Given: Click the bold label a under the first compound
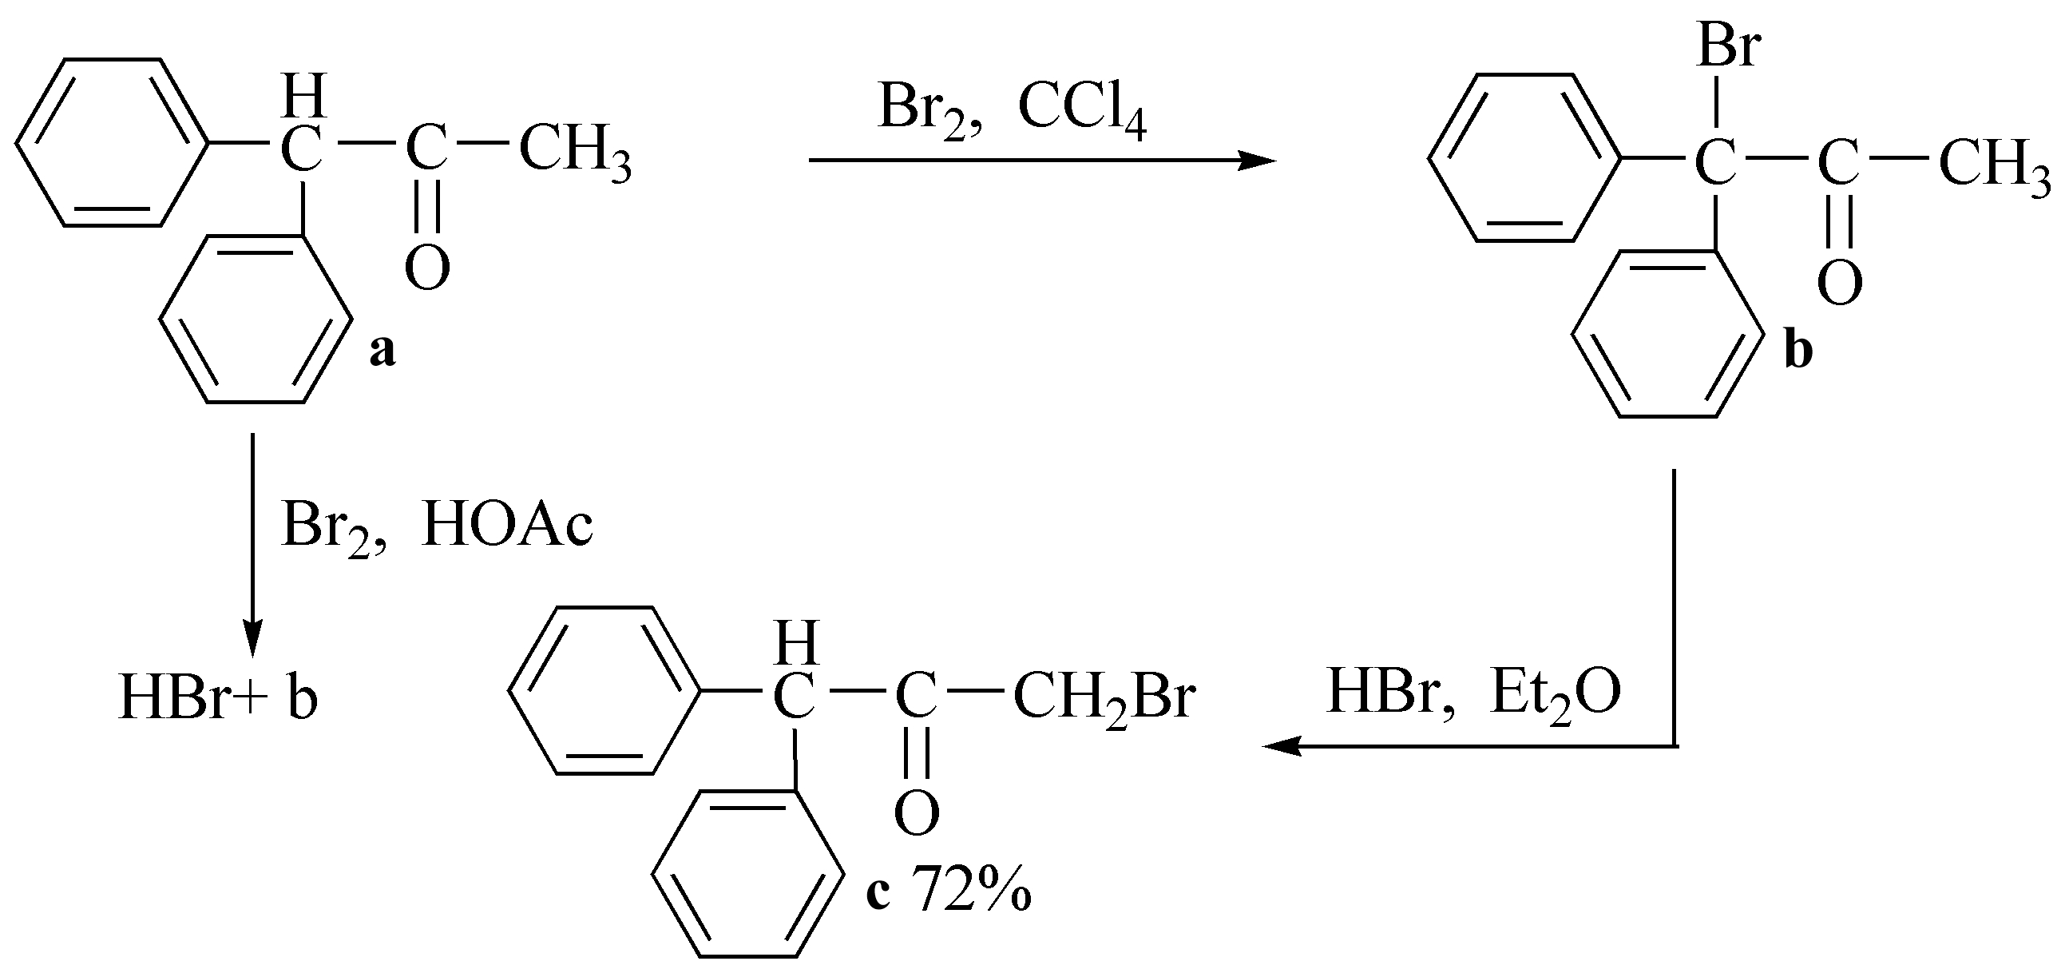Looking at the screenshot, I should [x=382, y=351].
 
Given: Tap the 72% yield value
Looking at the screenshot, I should [x=971, y=889].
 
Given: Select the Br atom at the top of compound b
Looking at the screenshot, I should [x=1729, y=46].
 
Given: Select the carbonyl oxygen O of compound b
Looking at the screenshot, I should [x=1839, y=282].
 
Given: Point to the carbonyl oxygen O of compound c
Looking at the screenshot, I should [x=917, y=813].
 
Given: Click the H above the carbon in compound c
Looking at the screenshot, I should [x=795, y=642].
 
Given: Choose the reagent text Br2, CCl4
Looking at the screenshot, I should [x=1012, y=111].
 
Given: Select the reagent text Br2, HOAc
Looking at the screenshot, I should [x=437, y=528].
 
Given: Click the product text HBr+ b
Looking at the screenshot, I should [x=218, y=698].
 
